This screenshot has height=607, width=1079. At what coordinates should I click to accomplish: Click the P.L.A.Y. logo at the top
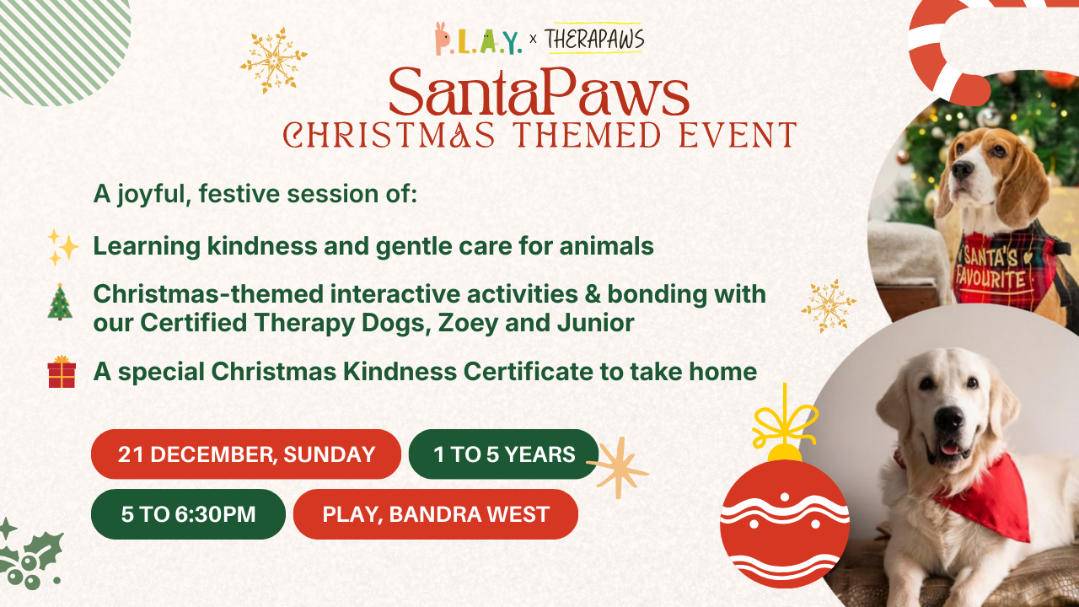478,39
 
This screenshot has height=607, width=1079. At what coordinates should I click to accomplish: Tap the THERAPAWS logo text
594,39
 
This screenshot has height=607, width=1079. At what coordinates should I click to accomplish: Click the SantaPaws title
539,92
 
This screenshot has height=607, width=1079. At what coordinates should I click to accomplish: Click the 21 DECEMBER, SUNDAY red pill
245,454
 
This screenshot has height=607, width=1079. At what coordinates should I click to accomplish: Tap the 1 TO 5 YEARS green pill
504,454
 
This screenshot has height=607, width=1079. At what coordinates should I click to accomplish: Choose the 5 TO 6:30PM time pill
188,514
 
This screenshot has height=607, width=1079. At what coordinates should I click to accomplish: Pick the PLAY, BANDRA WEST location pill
436,514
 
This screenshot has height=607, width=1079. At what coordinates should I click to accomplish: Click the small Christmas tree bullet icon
60,302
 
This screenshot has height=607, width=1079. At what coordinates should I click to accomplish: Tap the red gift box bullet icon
62,372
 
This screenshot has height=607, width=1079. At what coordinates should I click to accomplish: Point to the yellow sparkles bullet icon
62,247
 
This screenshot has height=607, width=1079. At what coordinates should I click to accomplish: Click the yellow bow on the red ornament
784,423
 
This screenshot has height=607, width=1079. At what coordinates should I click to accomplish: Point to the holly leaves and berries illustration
30,555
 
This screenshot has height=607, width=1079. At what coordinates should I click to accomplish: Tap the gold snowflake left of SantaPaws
273,61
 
